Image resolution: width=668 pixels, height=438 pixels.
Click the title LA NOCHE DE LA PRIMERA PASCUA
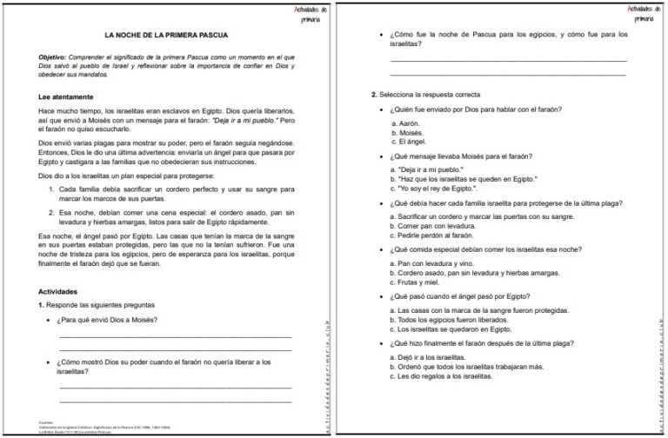(x=166, y=36)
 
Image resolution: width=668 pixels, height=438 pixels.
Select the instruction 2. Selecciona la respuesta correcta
(x=425, y=94)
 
